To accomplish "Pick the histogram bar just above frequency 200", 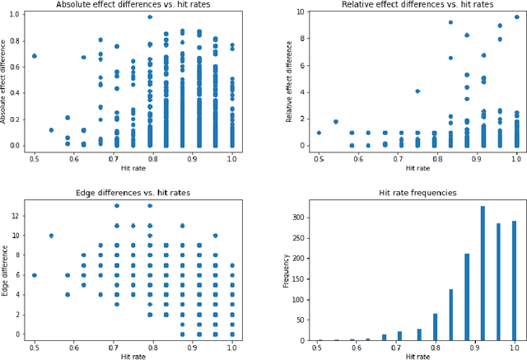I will (467, 297).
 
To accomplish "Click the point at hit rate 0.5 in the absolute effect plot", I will (34, 56).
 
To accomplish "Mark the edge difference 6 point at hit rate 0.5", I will (34, 275).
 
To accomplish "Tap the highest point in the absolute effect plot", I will (149, 16).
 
